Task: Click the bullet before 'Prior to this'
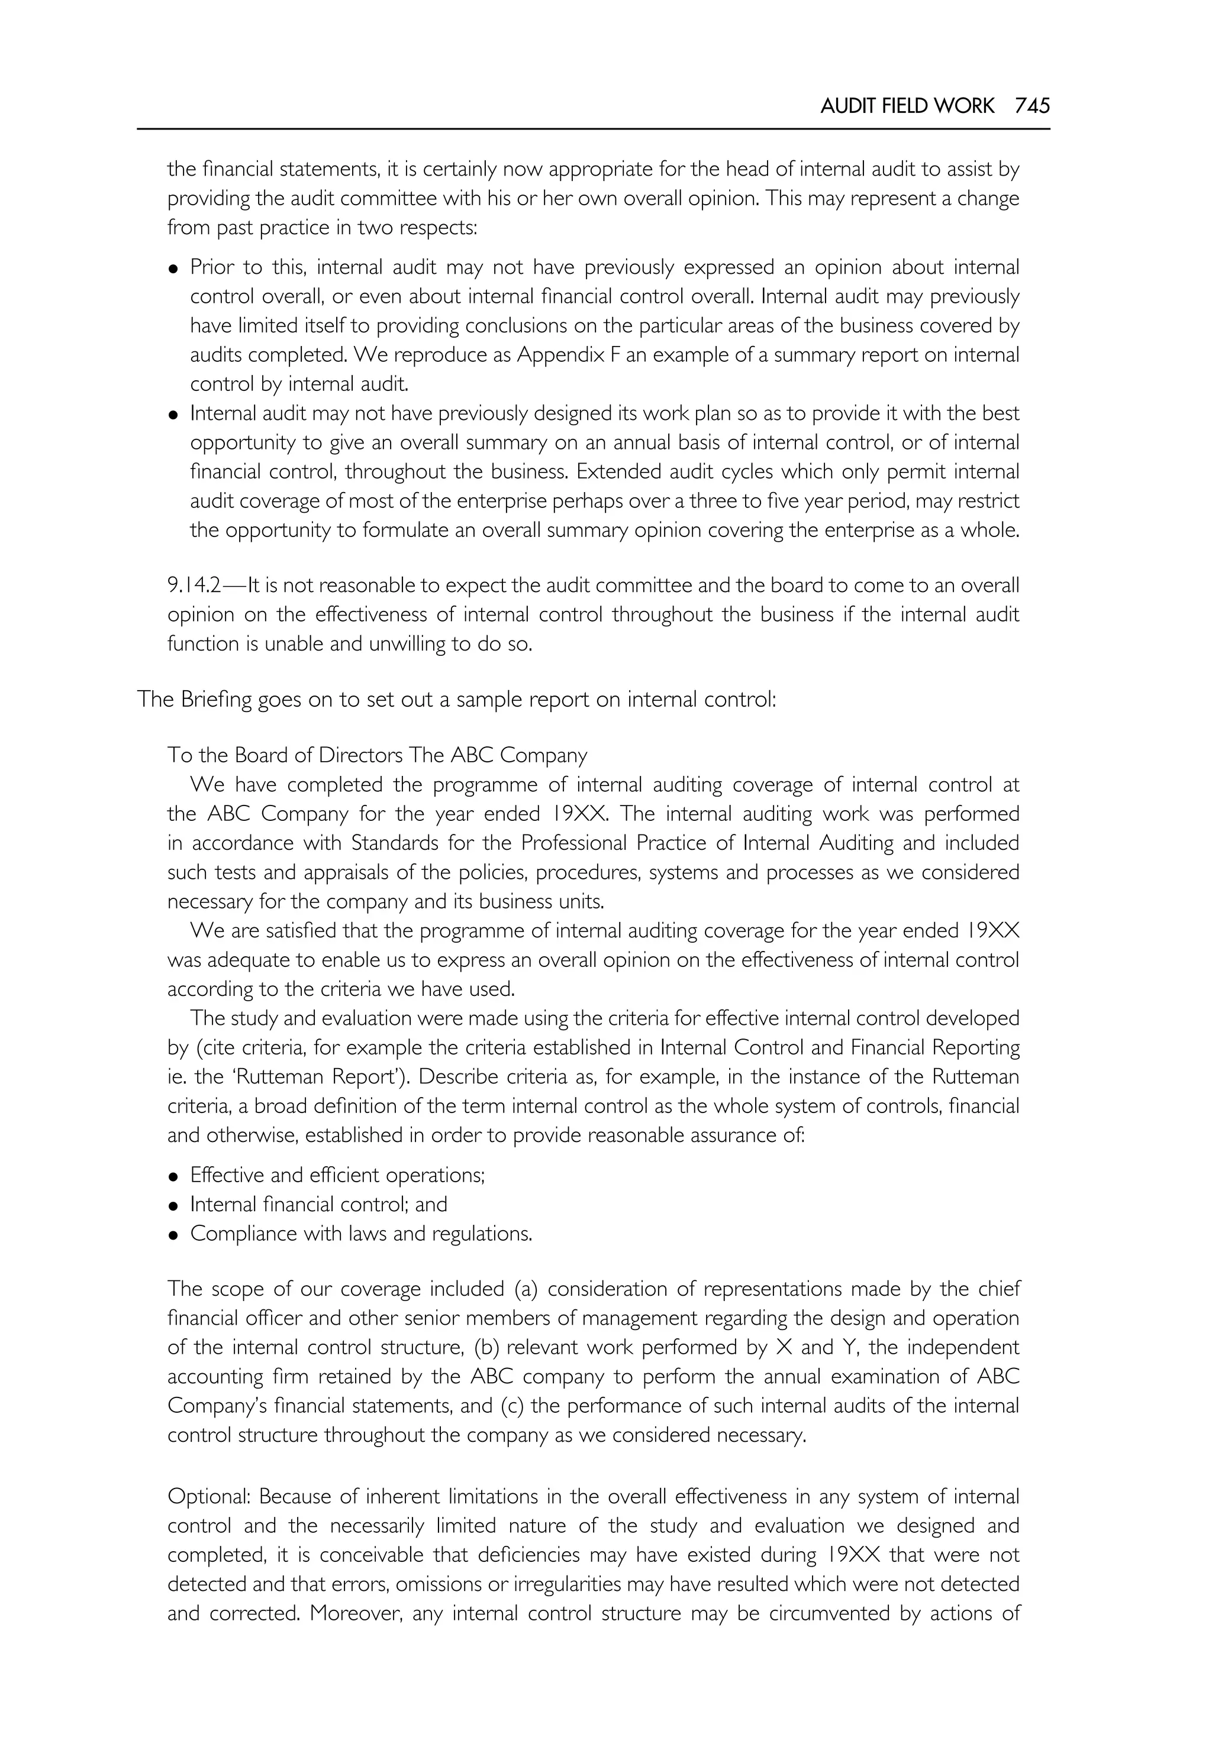pyautogui.click(x=174, y=268)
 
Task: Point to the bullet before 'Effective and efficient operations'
pyautogui.click(x=174, y=1176)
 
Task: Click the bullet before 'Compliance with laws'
pyautogui.click(x=174, y=1235)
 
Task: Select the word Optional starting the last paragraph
pyautogui.click(x=209, y=1497)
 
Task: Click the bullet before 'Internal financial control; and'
pyautogui.click(x=174, y=1206)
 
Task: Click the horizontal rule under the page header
pyautogui.click(x=593, y=129)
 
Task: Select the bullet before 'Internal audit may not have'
pyautogui.click(x=174, y=415)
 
